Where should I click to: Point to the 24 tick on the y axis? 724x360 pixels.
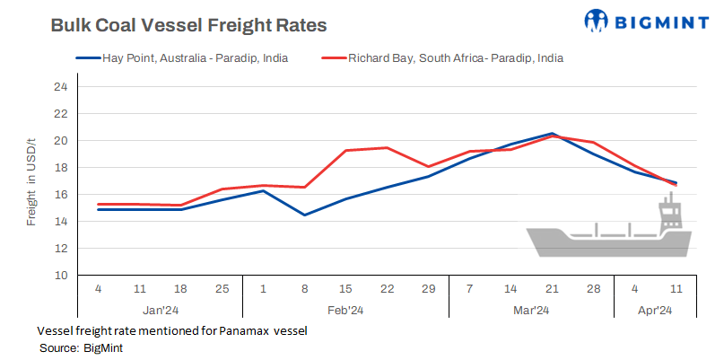[61, 87]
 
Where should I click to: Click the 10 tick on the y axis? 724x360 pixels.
[61, 275]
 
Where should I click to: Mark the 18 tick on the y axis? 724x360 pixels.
[61, 168]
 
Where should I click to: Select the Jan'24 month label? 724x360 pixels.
[161, 311]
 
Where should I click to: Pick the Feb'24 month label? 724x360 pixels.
[346, 311]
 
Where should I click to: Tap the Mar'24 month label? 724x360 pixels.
[530, 311]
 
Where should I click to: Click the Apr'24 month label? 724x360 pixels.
[655, 311]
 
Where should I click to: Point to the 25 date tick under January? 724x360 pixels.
[222, 289]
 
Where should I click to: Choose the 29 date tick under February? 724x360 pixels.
[428, 289]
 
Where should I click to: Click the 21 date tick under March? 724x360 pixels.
[552, 289]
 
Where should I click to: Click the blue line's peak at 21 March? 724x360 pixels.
[552, 134]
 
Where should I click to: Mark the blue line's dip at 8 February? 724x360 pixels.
[305, 215]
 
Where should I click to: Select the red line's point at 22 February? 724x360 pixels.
[387, 148]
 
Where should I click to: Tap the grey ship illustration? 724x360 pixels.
[610, 235]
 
